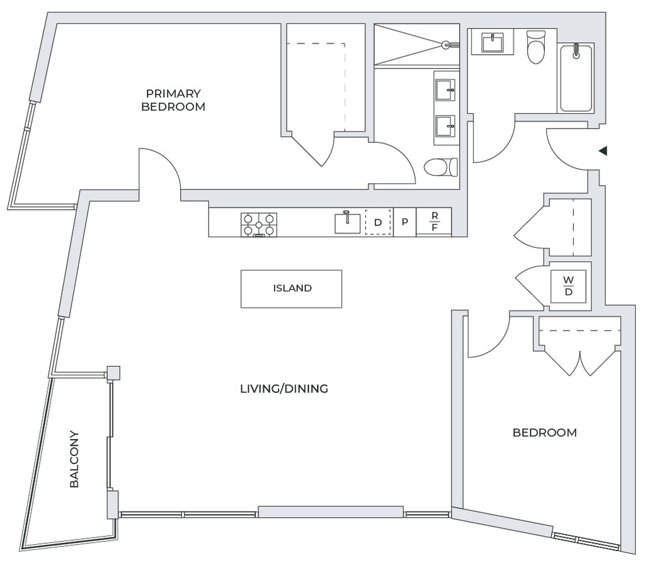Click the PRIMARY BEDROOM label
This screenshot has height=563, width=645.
pos(173,100)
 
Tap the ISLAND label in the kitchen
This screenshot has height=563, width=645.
pos(292,288)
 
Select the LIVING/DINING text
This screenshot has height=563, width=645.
pos(284,389)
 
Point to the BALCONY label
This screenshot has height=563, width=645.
pos(74,459)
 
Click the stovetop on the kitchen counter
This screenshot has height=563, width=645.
pos(259,225)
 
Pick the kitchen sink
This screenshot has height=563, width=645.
pos(347,222)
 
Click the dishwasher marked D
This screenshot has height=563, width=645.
pos(378,222)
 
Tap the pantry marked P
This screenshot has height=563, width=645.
pos(405,222)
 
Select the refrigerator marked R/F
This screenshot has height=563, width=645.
pos(435,222)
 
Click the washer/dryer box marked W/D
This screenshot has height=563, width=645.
pos(568,287)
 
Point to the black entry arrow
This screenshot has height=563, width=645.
pos(603,151)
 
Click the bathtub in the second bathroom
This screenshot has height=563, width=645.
pos(576,77)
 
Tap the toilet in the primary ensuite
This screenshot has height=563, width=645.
pos(440,167)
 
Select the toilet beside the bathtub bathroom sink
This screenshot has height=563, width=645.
pos(535,47)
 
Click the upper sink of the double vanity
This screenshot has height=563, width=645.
pos(445,90)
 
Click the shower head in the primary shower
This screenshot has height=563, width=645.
pos(448,44)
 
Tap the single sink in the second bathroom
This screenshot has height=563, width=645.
pos(493,43)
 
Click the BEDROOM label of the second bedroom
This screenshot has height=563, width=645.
pos(545,433)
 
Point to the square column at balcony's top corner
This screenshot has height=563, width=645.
pos(113,373)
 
